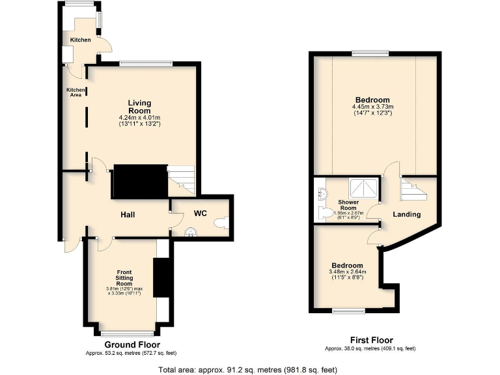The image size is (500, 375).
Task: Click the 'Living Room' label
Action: [x=139, y=107]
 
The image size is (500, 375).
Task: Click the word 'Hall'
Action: [x=127, y=214]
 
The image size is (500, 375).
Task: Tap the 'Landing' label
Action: [x=407, y=214]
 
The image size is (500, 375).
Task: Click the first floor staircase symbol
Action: [x=411, y=191]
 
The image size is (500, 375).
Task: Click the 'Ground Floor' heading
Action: [x=132, y=345]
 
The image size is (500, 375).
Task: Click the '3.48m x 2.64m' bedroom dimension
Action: [x=347, y=272]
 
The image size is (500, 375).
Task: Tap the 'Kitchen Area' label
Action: [x=76, y=92]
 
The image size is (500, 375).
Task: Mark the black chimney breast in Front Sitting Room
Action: [x=161, y=278]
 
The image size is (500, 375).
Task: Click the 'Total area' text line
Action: [x=248, y=369]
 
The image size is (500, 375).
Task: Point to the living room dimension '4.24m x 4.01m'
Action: [x=139, y=117]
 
